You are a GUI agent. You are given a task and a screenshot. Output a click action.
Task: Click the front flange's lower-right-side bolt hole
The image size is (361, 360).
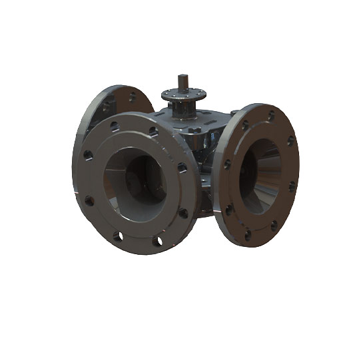[183, 213]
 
